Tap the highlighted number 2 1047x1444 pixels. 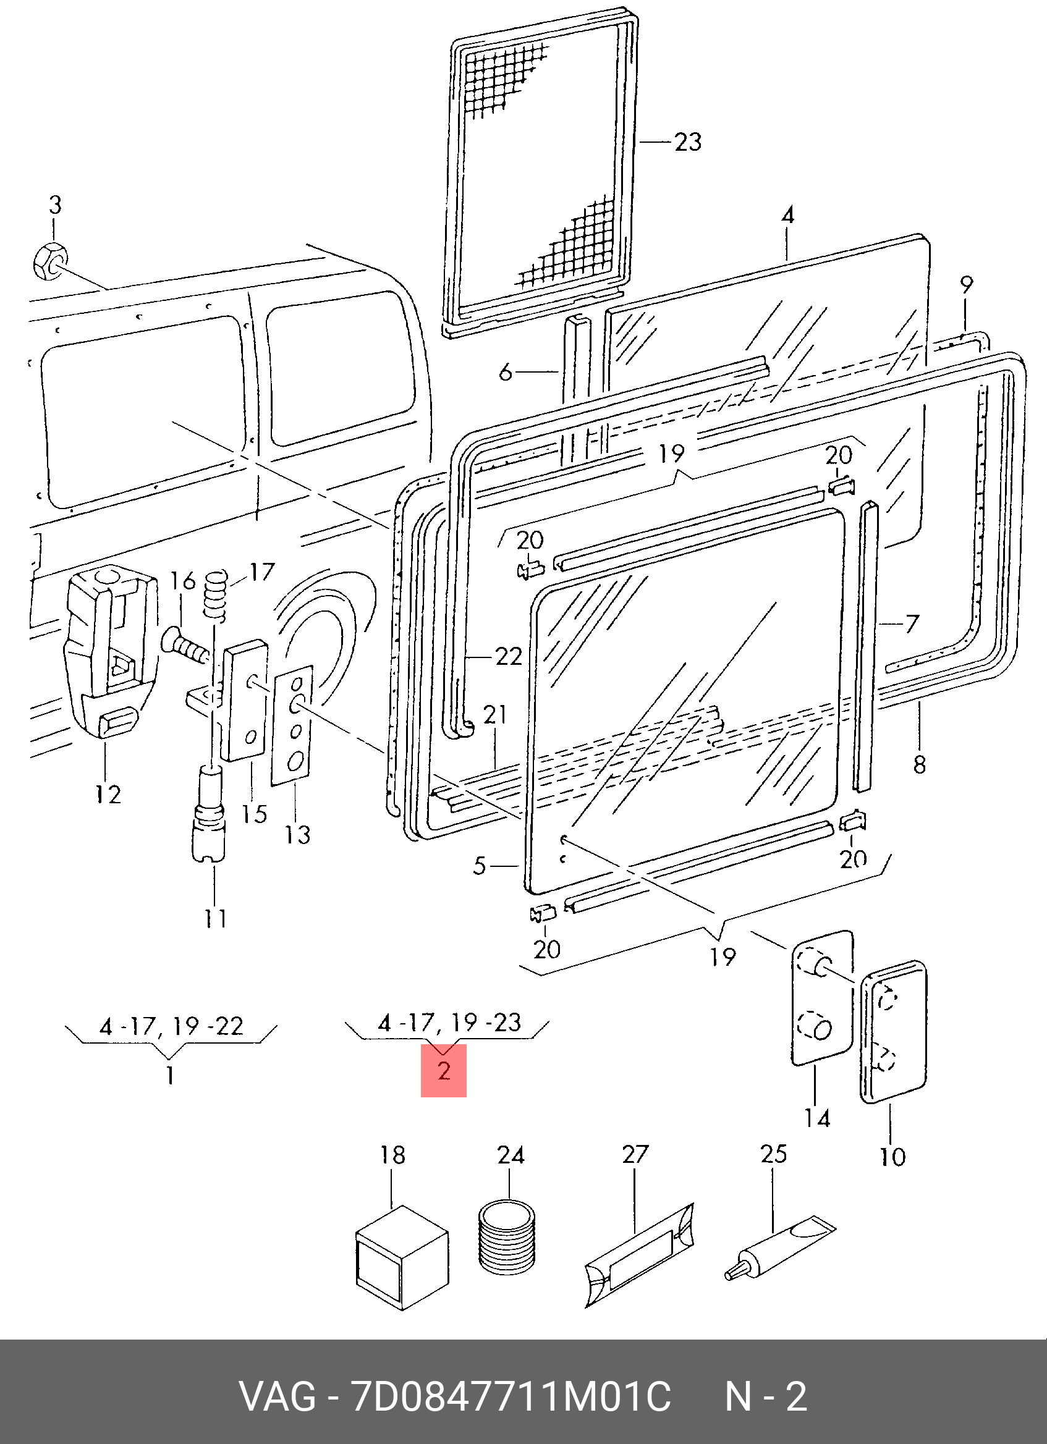coord(444,1070)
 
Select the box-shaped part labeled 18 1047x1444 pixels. coord(402,1258)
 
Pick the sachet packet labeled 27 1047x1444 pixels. coord(640,1255)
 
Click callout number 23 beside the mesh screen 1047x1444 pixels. coord(688,142)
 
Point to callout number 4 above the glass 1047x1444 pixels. coord(788,215)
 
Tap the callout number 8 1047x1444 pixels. coord(919,765)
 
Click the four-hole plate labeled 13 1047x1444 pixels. coord(293,726)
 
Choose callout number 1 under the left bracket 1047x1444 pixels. coord(170,1075)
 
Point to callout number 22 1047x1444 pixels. coord(508,656)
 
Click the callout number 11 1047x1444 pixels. coord(215,918)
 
